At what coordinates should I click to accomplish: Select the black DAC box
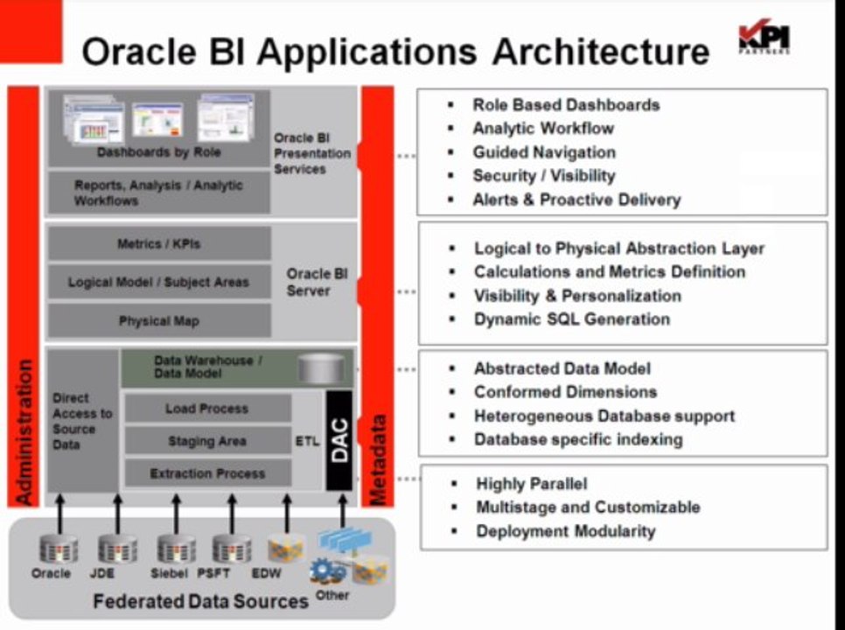point(339,440)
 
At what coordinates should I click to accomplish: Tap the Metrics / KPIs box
point(158,244)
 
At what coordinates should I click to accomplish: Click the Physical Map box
point(158,321)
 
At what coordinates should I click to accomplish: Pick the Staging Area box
point(207,441)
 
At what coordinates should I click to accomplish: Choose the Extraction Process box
point(207,473)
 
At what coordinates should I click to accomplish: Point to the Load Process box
point(207,409)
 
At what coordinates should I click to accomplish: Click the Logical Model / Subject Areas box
point(158,283)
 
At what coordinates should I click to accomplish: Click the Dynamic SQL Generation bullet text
point(571,319)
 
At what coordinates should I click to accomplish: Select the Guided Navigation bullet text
point(543,152)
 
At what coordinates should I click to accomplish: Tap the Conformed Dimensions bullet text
point(565,392)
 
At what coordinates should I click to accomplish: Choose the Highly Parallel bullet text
point(531,484)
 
